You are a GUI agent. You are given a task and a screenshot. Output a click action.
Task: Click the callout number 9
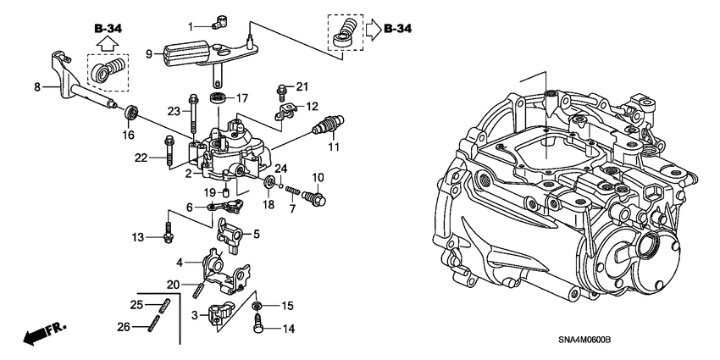coord(149,54)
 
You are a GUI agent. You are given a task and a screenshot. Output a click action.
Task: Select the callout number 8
coord(36,85)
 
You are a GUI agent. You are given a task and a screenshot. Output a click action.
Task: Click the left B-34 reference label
coord(109,28)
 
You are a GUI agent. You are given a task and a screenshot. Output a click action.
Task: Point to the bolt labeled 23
coord(194,110)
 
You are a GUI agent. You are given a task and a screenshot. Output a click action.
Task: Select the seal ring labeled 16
coord(131,112)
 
